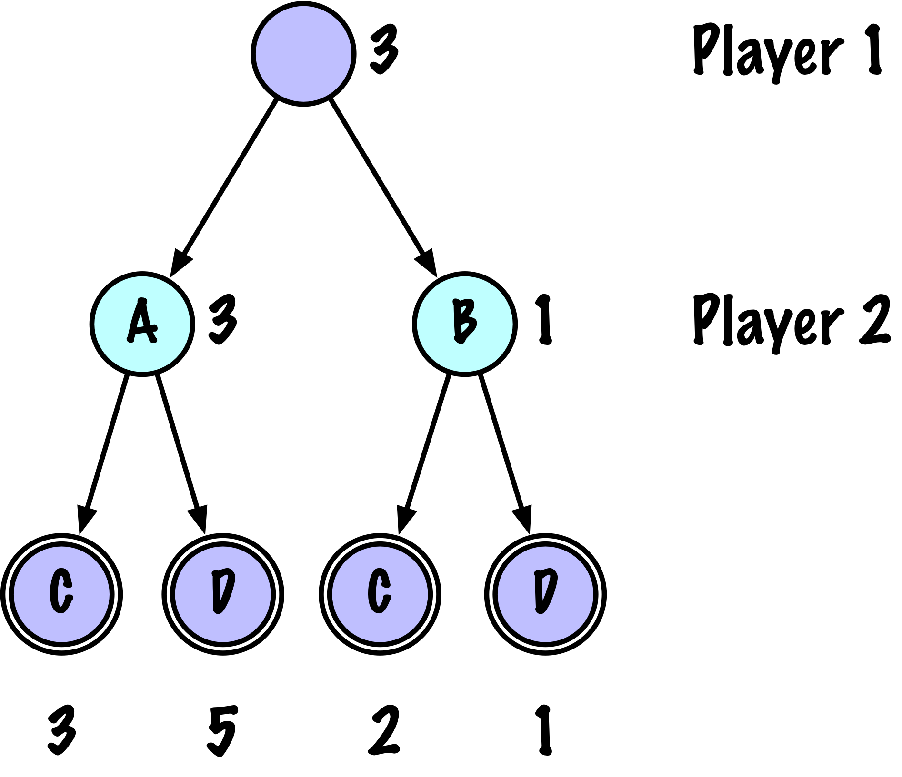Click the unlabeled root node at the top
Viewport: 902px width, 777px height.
click(303, 54)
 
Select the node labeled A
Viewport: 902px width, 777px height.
click(142, 324)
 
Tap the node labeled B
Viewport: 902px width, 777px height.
click(465, 324)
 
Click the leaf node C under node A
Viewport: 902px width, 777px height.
click(62, 595)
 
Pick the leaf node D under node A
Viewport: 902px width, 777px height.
click(223, 595)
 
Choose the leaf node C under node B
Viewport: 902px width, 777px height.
click(380, 595)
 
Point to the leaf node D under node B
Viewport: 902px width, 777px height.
click(545, 595)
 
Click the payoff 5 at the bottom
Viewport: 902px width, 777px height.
click(222, 730)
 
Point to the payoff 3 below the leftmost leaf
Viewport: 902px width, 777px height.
click(62, 730)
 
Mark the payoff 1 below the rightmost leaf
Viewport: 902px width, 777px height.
click(544, 730)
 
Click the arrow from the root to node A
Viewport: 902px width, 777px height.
click(223, 187)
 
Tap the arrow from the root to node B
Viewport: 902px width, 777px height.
click(384, 187)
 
